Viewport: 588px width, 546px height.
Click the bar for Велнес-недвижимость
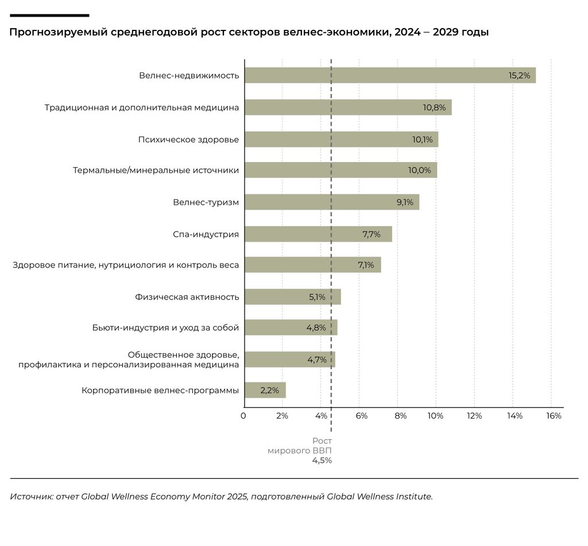click(x=390, y=75)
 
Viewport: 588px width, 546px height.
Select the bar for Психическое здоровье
click(x=342, y=140)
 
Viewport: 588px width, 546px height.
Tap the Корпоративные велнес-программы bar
click(x=265, y=390)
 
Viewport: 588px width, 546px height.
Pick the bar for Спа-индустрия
click(x=318, y=234)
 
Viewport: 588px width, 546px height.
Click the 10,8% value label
click(x=434, y=107)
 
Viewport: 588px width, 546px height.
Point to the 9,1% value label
click(x=405, y=203)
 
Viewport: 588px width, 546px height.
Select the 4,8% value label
click(x=316, y=328)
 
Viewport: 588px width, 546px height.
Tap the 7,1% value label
click(x=366, y=265)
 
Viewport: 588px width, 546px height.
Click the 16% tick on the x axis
click(x=554, y=416)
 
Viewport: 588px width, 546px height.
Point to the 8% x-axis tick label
click(x=400, y=416)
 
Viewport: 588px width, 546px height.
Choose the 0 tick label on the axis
click(x=243, y=416)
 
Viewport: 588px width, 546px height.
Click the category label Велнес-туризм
click(x=206, y=203)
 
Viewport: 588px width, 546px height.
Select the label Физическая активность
click(x=187, y=297)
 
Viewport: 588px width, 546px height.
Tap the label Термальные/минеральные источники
click(x=156, y=171)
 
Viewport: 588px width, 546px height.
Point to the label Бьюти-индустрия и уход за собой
click(x=166, y=328)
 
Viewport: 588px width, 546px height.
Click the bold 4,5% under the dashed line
click(x=322, y=460)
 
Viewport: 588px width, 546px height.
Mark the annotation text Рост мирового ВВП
click(x=300, y=446)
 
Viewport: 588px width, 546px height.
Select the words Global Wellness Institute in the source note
click(x=380, y=497)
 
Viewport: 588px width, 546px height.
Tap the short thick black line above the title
click(x=49, y=16)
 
